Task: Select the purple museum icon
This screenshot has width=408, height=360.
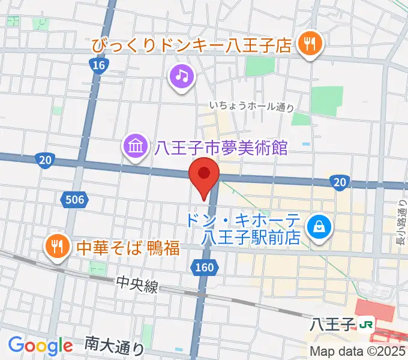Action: click(135, 146)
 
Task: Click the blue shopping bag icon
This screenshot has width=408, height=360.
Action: click(316, 227)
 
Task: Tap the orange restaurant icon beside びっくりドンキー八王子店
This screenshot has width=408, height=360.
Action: click(310, 44)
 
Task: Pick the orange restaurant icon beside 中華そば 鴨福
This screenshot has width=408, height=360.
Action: click(56, 246)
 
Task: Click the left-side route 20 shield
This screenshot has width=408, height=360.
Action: click(46, 161)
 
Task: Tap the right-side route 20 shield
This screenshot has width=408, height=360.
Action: click(340, 182)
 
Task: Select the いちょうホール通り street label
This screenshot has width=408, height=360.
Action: click(252, 106)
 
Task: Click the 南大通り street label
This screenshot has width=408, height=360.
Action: click(114, 345)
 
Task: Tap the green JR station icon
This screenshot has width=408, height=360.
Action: click(365, 325)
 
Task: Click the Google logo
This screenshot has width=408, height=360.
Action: click(40, 345)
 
